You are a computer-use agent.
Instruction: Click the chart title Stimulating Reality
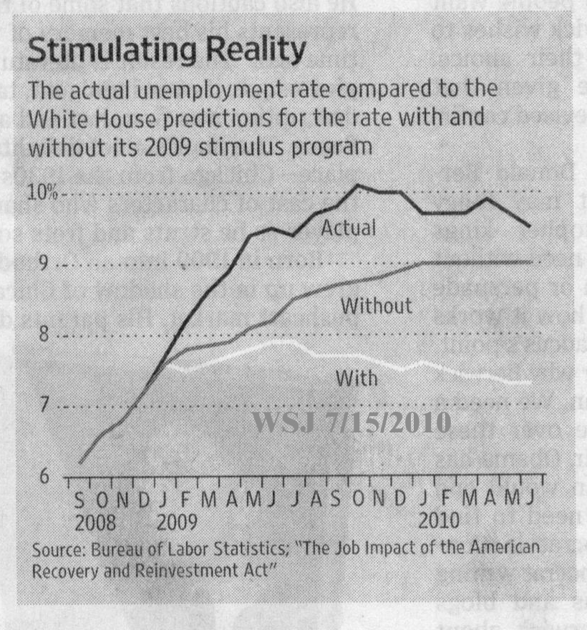[166, 52]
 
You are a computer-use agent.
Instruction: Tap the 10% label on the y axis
[44, 193]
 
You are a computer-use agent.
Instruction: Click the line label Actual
[348, 228]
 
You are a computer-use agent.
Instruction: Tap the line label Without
[376, 306]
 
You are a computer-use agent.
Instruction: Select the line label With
[356, 377]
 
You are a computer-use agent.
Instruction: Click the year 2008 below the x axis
[96, 521]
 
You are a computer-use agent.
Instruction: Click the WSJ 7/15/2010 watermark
[351, 422]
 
